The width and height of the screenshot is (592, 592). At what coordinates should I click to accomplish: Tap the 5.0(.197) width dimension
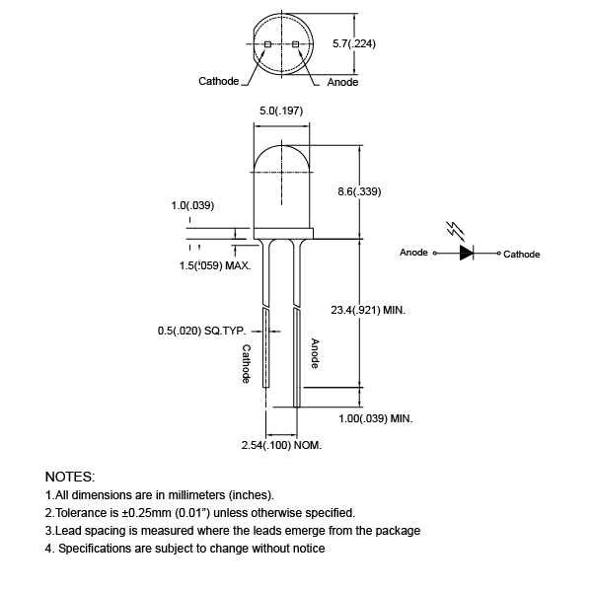click(280, 111)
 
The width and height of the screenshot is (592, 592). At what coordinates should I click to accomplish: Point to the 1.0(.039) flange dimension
click(192, 205)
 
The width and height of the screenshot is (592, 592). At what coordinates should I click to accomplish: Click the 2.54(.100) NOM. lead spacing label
click(282, 446)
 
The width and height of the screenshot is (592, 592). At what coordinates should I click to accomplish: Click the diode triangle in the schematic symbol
click(466, 253)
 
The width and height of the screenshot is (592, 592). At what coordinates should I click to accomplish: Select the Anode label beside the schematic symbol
click(413, 253)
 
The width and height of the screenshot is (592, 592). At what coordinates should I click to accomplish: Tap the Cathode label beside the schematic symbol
click(522, 254)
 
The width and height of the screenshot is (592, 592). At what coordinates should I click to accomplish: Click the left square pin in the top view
click(268, 44)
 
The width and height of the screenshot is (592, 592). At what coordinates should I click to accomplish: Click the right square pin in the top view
click(295, 44)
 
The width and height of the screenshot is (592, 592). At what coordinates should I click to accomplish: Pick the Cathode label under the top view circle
click(219, 81)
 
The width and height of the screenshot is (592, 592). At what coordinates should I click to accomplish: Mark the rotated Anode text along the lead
click(315, 353)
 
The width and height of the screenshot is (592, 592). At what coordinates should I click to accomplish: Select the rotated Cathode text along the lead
click(248, 364)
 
